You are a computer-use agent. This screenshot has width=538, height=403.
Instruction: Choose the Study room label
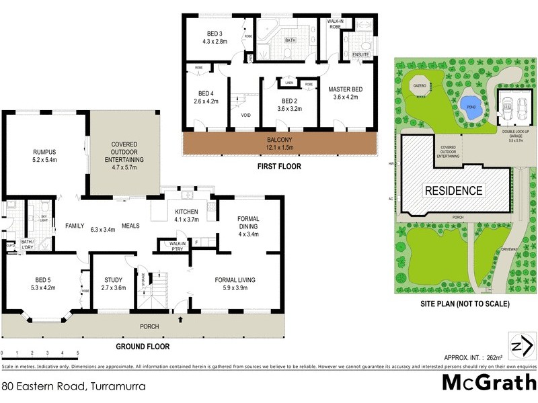point(112,284)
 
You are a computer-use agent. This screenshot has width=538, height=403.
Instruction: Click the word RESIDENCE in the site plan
point(453,191)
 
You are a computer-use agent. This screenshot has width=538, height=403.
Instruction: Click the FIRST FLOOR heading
point(278,166)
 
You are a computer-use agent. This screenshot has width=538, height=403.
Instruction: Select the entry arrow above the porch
point(180,319)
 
